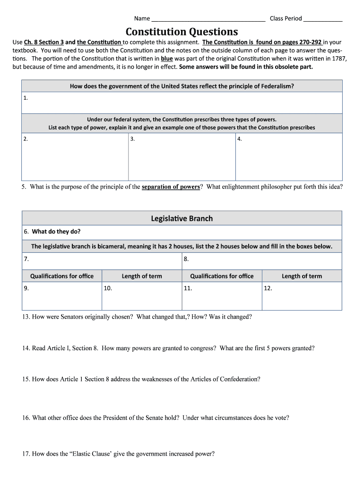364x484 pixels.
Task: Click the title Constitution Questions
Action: click(x=182, y=32)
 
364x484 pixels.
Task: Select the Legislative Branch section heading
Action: click(x=182, y=218)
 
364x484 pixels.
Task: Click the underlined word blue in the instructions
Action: click(x=167, y=59)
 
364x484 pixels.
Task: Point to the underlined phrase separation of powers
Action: click(x=171, y=187)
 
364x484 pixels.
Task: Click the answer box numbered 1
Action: click(x=182, y=103)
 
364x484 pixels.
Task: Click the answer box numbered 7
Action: click(x=102, y=261)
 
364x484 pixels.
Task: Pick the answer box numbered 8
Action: click(x=261, y=261)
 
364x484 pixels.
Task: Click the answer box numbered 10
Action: click(x=141, y=296)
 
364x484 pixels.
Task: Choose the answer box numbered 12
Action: click(x=302, y=296)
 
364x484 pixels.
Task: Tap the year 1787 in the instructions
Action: click(x=339, y=59)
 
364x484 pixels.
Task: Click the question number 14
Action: click(x=26, y=348)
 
